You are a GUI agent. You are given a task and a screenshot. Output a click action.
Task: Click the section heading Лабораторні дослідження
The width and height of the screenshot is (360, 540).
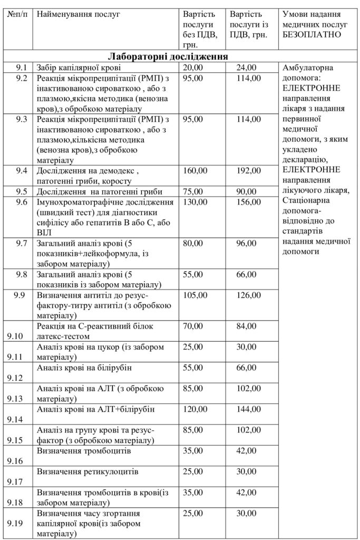(168, 56)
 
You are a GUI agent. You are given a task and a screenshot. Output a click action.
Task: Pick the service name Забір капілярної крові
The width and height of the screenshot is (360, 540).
(79, 67)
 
